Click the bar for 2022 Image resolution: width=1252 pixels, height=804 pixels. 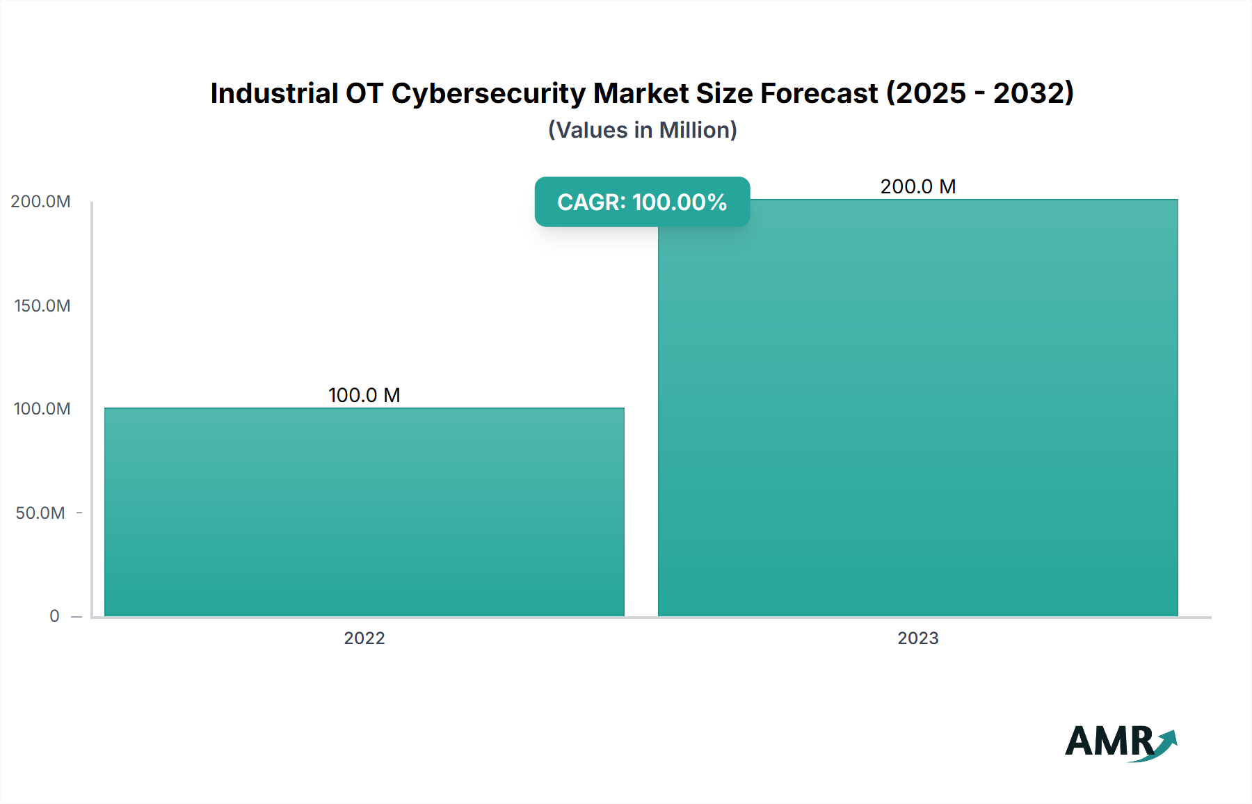364,512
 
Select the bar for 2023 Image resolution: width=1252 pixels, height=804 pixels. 918,408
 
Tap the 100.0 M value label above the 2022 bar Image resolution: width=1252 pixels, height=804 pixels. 364,395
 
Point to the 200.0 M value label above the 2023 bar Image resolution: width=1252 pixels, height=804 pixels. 917,186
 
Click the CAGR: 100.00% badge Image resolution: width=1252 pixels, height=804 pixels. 642,202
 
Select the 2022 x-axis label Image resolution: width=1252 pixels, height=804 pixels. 364,638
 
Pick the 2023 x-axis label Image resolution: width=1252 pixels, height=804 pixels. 917,638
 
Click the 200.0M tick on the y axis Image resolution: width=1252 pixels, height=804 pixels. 40,202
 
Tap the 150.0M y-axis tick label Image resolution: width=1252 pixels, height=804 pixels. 42,305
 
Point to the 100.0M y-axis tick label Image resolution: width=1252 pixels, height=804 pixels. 42,408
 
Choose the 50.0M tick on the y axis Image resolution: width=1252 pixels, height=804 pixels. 40,513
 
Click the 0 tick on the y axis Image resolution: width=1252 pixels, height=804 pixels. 54,616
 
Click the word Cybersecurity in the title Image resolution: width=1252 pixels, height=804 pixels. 488,93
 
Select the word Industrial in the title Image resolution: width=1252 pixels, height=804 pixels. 274,93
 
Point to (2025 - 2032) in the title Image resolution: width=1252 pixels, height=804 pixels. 980,93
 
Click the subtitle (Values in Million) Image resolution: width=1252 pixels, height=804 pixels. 642,130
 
